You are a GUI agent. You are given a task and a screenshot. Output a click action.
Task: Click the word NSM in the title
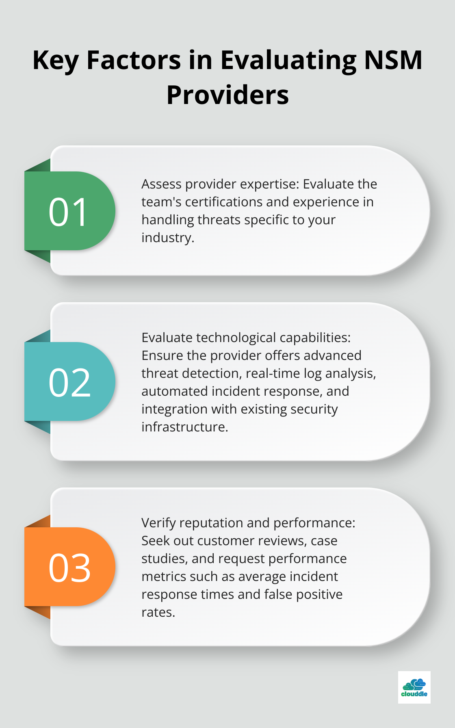[393, 60]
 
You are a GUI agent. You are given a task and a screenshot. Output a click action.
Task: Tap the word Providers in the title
[227, 95]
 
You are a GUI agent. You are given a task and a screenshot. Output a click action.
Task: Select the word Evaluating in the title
[288, 61]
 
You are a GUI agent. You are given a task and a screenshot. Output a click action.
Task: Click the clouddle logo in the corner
[414, 687]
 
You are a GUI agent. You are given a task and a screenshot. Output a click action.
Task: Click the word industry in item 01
[167, 238]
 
